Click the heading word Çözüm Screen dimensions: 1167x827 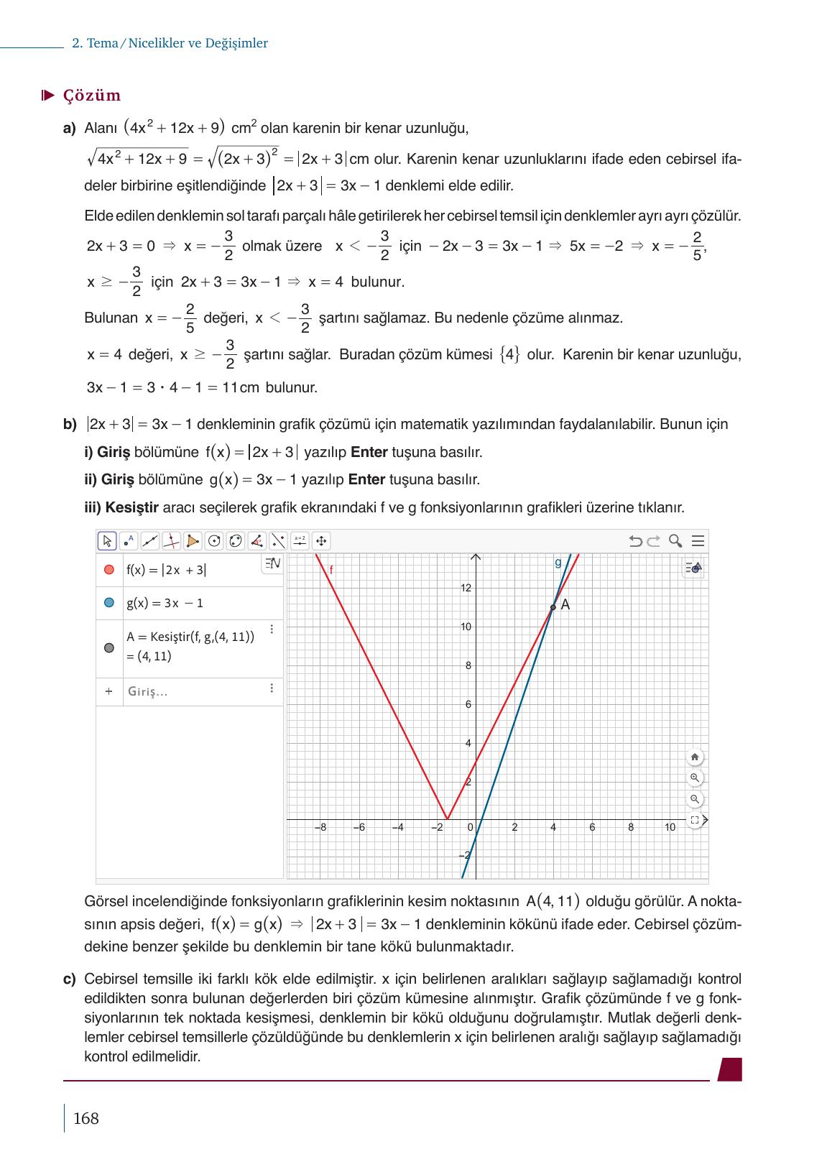(x=92, y=96)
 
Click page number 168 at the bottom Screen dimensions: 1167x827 (x=86, y=1118)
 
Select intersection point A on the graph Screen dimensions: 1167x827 (x=553, y=607)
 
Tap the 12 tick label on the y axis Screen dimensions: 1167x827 (x=466, y=589)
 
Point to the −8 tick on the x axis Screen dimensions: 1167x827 (x=320, y=827)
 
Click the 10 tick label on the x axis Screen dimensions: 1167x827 (x=670, y=827)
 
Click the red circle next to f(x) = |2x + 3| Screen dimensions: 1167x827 (x=109, y=570)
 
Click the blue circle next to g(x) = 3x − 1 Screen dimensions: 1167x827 (x=109, y=603)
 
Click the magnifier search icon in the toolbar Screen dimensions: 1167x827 (x=675, y=541)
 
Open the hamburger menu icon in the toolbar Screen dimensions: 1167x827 (x=698, y=541)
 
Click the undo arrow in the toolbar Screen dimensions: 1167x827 (x=635, y=541)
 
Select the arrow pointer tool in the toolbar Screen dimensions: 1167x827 (x=107, y=541)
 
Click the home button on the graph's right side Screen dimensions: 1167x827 (x=695, y=757)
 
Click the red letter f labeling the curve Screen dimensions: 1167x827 (x=331, y=570)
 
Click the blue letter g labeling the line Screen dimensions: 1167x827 (x=558, y=563)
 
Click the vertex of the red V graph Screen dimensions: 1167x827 (x=447, y=818)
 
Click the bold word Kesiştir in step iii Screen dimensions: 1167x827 (x=131, y=508)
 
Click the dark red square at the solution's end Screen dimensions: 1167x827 (x=730, y=1069)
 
